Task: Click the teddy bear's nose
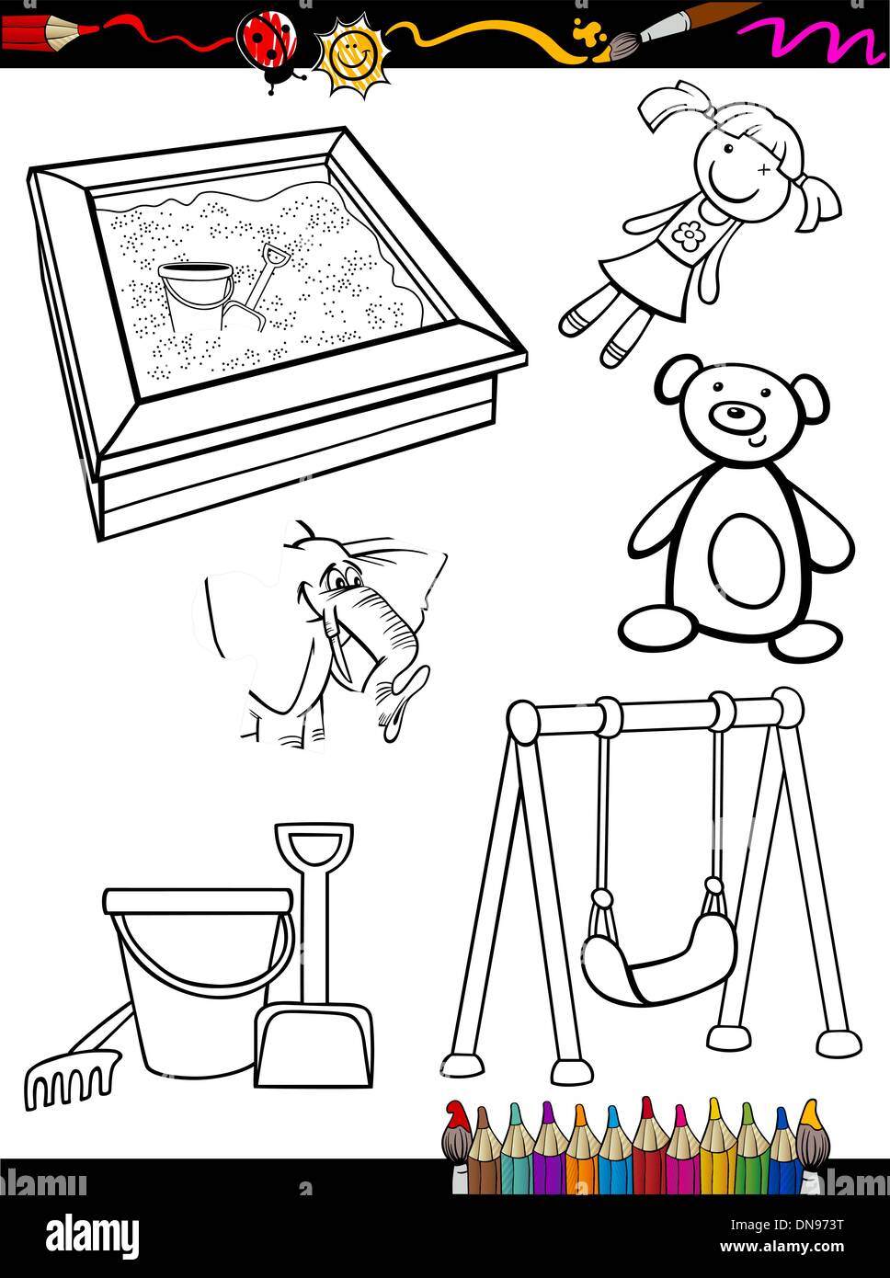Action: point(736,412)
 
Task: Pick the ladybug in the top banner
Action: point(268,49)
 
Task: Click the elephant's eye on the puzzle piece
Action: point(340,582)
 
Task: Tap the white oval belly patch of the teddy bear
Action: point(744,562)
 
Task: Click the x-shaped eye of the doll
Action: point(764,169)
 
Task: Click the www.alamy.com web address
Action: point(782,1246)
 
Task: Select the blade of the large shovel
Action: point(314,1045)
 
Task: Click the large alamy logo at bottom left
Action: point(93,1231)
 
